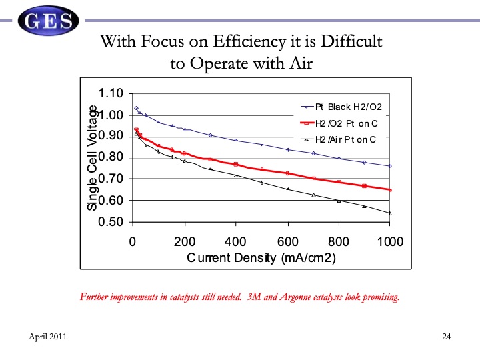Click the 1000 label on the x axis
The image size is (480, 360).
pos(390,241)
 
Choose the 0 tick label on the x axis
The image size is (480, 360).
pos(133,241)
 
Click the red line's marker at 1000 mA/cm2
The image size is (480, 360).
pos(390,190)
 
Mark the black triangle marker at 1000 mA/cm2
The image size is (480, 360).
pos(390,213)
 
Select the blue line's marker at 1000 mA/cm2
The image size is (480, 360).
pos(390,165)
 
